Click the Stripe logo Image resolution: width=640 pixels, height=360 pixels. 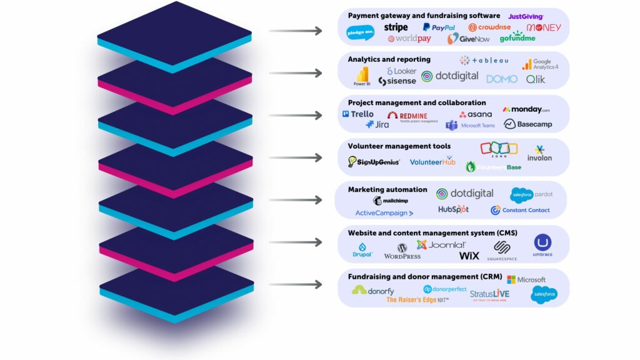pos(396,27)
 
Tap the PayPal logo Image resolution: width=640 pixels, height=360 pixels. pos(439,27)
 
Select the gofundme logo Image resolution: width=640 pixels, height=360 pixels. pos(517,37)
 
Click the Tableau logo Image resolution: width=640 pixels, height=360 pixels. pos(486,61)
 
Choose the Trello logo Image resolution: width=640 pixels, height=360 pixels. pos(358,114)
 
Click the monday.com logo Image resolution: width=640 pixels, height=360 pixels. pos(526,109)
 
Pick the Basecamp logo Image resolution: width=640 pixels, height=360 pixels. pos(527,124)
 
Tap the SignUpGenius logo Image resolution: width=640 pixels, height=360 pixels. pos(374,162)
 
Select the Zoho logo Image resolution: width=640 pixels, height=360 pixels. pos(499,150)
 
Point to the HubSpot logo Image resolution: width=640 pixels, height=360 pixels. pos(453,209)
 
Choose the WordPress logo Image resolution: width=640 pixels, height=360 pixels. pos(402,251)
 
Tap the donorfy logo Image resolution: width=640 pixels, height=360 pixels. pos(372,290)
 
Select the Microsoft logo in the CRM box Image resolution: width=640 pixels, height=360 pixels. pos(526,279)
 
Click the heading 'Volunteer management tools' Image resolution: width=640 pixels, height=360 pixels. pos(399,146)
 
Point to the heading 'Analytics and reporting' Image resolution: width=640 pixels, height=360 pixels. pos(389,59)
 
